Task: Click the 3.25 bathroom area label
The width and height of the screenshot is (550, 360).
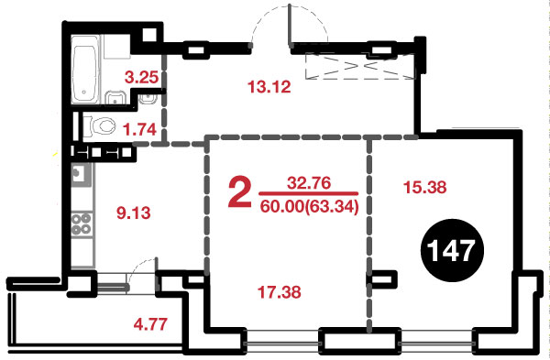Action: (x=141, y=77)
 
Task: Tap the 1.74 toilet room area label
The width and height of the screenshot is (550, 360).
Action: (x=139, y=129)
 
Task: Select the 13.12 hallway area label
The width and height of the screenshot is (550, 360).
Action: (x=269, y=87)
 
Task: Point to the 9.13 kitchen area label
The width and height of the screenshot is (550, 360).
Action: (x=133, y=213)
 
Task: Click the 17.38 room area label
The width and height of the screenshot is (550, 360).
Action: (x=280, y=292)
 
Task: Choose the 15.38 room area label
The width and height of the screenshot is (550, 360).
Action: (x=424, y=187)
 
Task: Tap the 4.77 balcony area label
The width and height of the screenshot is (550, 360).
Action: (x=150, y=324)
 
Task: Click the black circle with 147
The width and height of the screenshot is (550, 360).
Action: (x=452, y=250)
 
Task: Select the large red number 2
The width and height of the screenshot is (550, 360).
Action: (x=240, y=192)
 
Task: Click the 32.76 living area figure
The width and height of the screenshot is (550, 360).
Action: (x=309, y=183)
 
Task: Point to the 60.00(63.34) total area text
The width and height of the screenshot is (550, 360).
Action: (x=310, y=207)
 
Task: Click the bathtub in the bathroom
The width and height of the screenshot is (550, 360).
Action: (x=84, y=70)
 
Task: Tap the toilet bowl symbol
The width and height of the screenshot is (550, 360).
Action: (x=100, y=125)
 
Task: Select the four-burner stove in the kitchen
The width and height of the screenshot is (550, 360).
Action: (x=82, y=224)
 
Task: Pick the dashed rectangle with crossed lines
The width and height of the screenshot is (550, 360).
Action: (x=360, y=66)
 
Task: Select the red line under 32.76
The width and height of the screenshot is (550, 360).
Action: (x=308, y=193)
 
